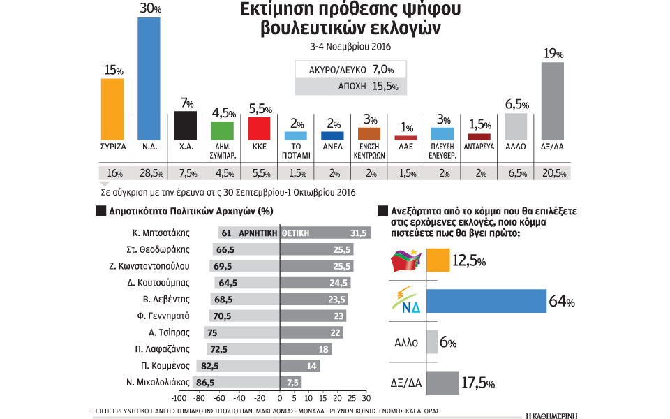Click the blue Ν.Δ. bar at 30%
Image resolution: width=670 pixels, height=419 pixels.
click(149, 78)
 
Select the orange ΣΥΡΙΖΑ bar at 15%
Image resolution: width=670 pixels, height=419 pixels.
click(112, 108)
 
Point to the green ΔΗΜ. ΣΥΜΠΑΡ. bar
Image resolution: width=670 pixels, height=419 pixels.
click(222, 131)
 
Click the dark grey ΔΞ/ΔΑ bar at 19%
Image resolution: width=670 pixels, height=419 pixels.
click(552, 101)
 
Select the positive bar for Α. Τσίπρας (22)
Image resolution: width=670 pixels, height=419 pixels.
click(311, 332)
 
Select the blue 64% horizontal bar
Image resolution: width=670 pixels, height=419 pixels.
click(486, 302)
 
